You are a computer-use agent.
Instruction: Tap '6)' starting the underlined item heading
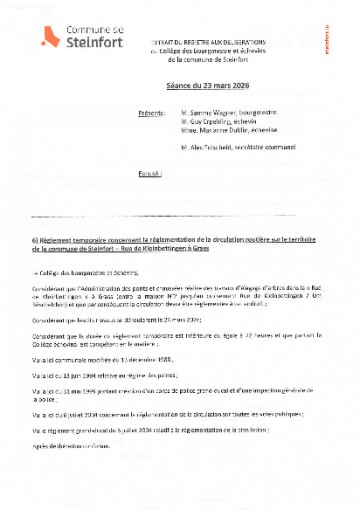click(x=36, y=241)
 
